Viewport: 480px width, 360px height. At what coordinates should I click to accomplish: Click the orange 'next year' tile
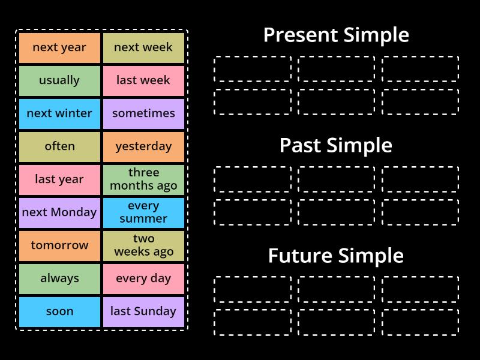59,48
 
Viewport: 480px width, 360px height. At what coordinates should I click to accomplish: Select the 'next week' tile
143,48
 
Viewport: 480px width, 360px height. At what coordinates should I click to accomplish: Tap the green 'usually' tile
59,81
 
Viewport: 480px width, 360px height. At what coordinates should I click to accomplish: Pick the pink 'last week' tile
143,81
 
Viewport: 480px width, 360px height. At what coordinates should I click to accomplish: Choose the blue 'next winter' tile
59,114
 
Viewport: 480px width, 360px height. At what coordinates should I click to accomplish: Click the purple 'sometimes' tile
143,114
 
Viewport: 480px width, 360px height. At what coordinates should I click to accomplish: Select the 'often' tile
59,147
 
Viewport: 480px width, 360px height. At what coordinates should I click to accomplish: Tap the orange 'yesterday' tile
143,147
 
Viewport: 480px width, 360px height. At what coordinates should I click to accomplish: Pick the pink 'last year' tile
59,180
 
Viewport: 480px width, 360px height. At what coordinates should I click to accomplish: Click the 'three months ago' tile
143,180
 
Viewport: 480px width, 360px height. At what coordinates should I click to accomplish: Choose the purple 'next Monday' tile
59,213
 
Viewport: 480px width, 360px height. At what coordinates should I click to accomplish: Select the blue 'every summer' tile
143,213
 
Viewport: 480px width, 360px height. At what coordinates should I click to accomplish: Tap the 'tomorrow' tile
59,246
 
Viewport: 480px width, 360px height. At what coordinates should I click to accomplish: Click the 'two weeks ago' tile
143,246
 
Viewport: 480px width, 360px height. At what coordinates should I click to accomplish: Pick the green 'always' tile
59,279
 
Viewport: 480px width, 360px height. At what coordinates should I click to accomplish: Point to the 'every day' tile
143,279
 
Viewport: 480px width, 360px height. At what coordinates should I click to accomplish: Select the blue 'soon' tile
59,312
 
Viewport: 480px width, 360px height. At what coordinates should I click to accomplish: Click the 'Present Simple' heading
336,35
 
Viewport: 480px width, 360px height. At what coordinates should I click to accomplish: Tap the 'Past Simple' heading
336,146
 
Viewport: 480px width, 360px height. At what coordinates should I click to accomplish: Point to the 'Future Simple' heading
336,256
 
